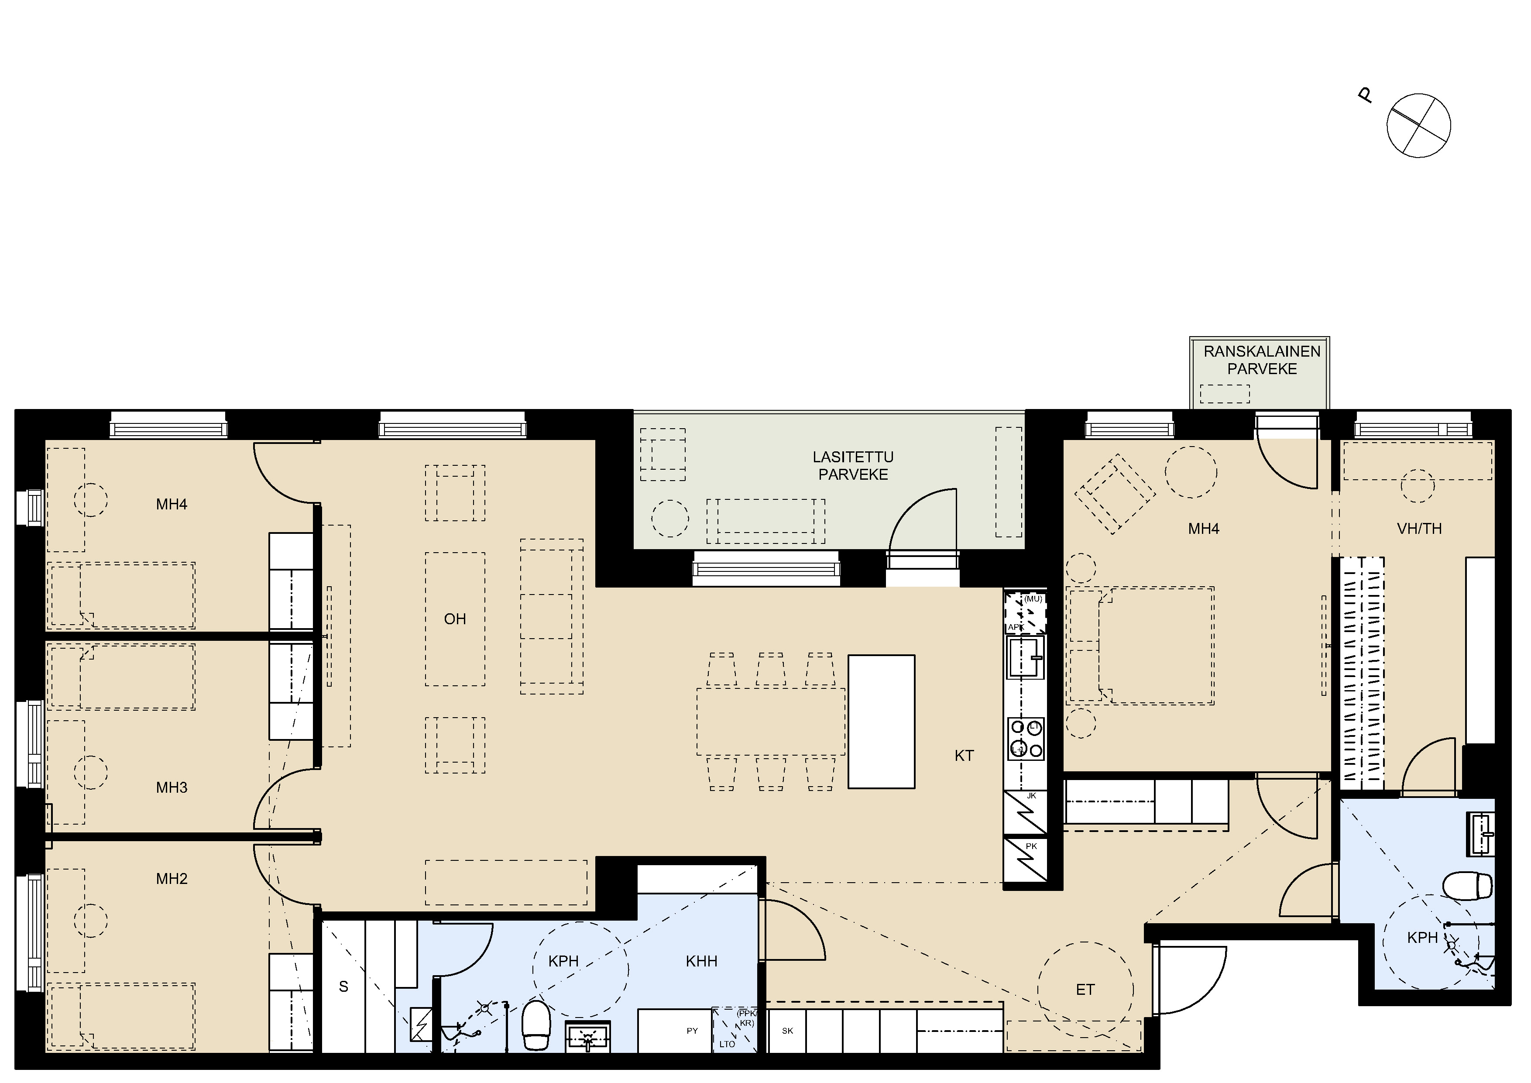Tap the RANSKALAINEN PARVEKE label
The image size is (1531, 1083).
pyautogui.click(x=1262, y=360)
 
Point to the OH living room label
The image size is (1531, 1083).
pyautogui.click(x=455, y=619)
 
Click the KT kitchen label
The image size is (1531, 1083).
pyautogui.click(x=964, y=756)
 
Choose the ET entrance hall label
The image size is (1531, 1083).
pyautogui.click(x=1085, y=990)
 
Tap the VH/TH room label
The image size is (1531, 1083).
pyautogui.click(x=1419, y=529)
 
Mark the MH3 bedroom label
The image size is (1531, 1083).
pyautogui.click(x=172, y=787)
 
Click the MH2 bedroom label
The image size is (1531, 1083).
pyautogui.click(x=172, y=879)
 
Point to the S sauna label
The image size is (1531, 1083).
pyautogui.click(x=343, y=987)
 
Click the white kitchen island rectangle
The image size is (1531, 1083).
pyautogui.click(x=881, y=722)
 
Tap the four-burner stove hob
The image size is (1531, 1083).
pyautogui.click(x=1026, y=739)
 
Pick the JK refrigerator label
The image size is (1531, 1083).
pyautogui.click(x=1032, y=796)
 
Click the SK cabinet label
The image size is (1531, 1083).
pyautogui.click(x=787, y=1031)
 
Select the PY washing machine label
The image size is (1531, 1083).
pyautogui.click(x=692, y=1031)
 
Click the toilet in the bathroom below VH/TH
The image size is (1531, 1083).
pyautogui.click(x=1468, y=886)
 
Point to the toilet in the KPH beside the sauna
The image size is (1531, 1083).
pyautogui.click(x=536, y=1025)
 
